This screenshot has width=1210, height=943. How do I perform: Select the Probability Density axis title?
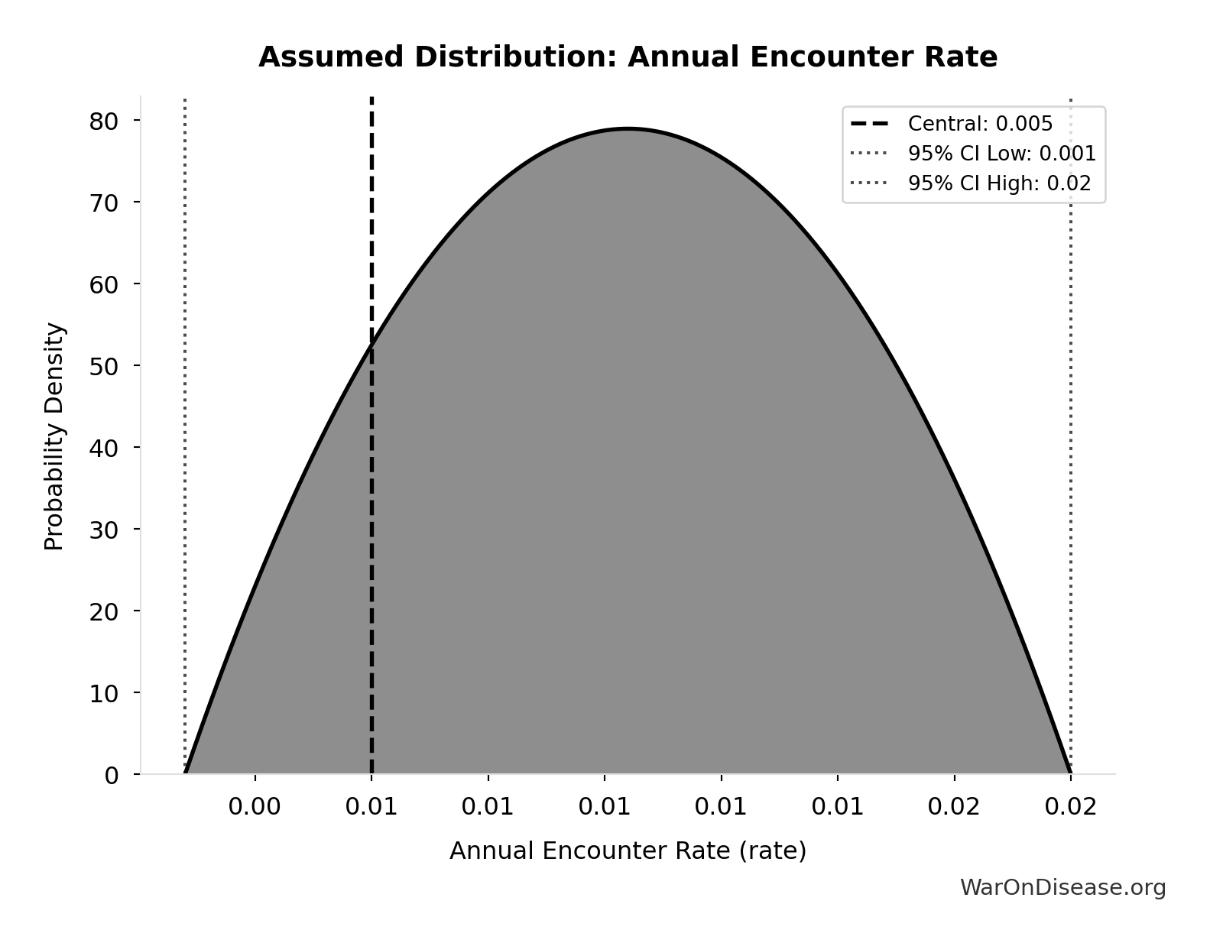54,436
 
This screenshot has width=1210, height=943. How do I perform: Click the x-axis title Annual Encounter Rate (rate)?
628,851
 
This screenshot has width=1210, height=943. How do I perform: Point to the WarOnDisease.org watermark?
1062,887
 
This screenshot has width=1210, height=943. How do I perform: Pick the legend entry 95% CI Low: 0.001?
1001,154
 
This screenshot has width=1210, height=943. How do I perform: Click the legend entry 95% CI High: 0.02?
999,183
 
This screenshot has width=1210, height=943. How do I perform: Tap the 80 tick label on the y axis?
104,121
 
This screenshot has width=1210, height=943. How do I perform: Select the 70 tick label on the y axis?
104,203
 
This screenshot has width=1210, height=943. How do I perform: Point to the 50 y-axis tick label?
104,366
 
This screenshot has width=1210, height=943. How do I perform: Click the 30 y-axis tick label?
104,530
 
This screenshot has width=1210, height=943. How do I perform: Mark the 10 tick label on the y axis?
104,693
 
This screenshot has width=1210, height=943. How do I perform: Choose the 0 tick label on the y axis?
112,775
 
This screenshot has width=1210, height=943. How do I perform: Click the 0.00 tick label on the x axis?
255,807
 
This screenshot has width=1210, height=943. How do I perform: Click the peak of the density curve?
628,129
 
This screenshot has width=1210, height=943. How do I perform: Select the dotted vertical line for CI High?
1070,459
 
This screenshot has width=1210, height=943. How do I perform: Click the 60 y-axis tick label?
104,284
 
